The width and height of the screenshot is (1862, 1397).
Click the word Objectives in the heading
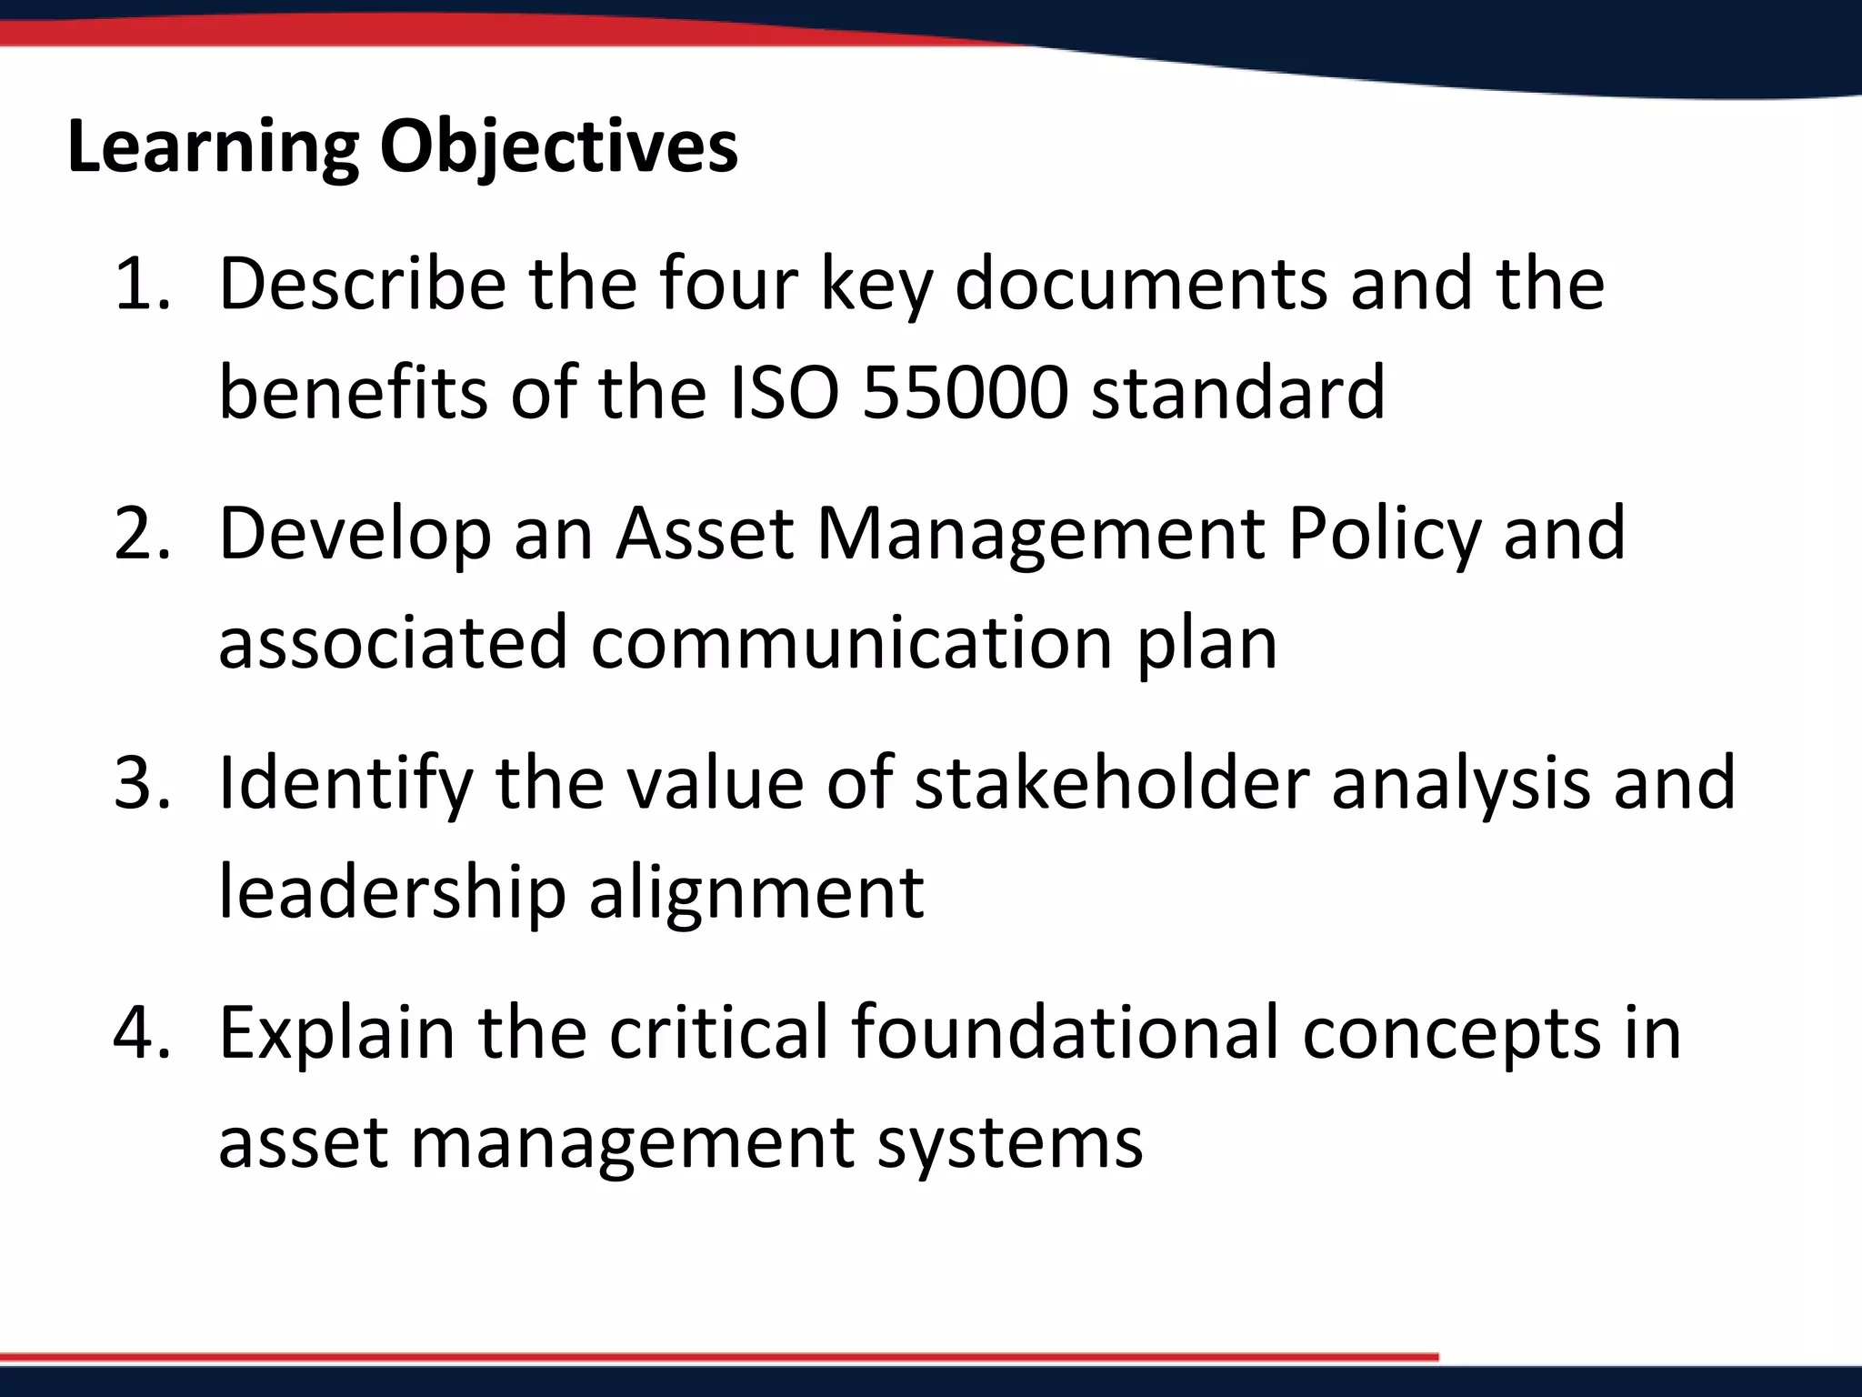(558, 147)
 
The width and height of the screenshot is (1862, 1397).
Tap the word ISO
(785, 393)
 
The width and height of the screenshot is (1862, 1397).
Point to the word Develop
(355, 534)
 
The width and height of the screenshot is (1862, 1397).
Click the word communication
(852, 643)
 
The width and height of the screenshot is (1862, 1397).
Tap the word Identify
(346, 783)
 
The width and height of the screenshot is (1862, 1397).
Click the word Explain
(337, 1033)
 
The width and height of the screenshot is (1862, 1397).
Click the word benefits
(354, 393)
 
